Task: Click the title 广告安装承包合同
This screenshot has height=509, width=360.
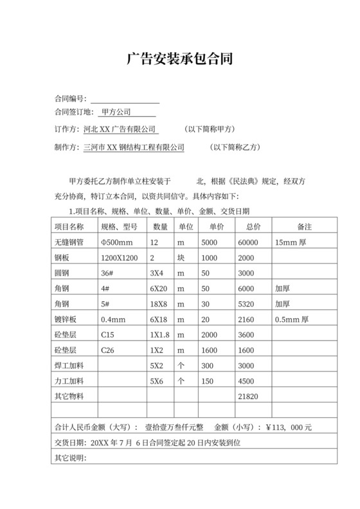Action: (x=179, y=60)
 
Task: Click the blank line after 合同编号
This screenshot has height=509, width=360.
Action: (x=125, y=99)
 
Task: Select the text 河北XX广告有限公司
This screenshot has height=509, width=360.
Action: (x=120, y=129)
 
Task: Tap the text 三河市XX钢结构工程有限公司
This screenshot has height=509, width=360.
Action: (x=134, y=147)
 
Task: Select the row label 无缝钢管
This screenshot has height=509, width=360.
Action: (x=69, y=242)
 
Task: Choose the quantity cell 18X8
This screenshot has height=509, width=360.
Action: (x=159, y=304)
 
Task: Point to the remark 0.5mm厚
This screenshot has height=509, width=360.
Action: (x=292, y=319)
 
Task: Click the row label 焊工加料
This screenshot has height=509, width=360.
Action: (x=69, y=366)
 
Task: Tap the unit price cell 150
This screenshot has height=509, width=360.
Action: (x=207, y=381)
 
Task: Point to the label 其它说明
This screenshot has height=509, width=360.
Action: (x=69, y=458)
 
